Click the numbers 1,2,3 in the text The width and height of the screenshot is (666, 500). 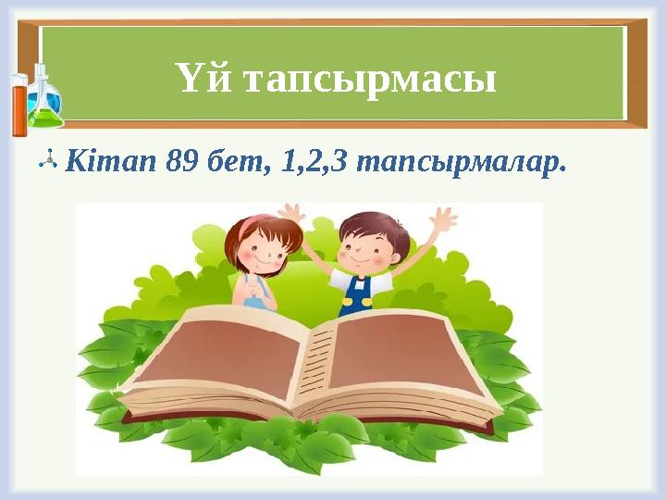(315, 163)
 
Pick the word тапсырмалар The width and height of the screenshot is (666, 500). (460, 163)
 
